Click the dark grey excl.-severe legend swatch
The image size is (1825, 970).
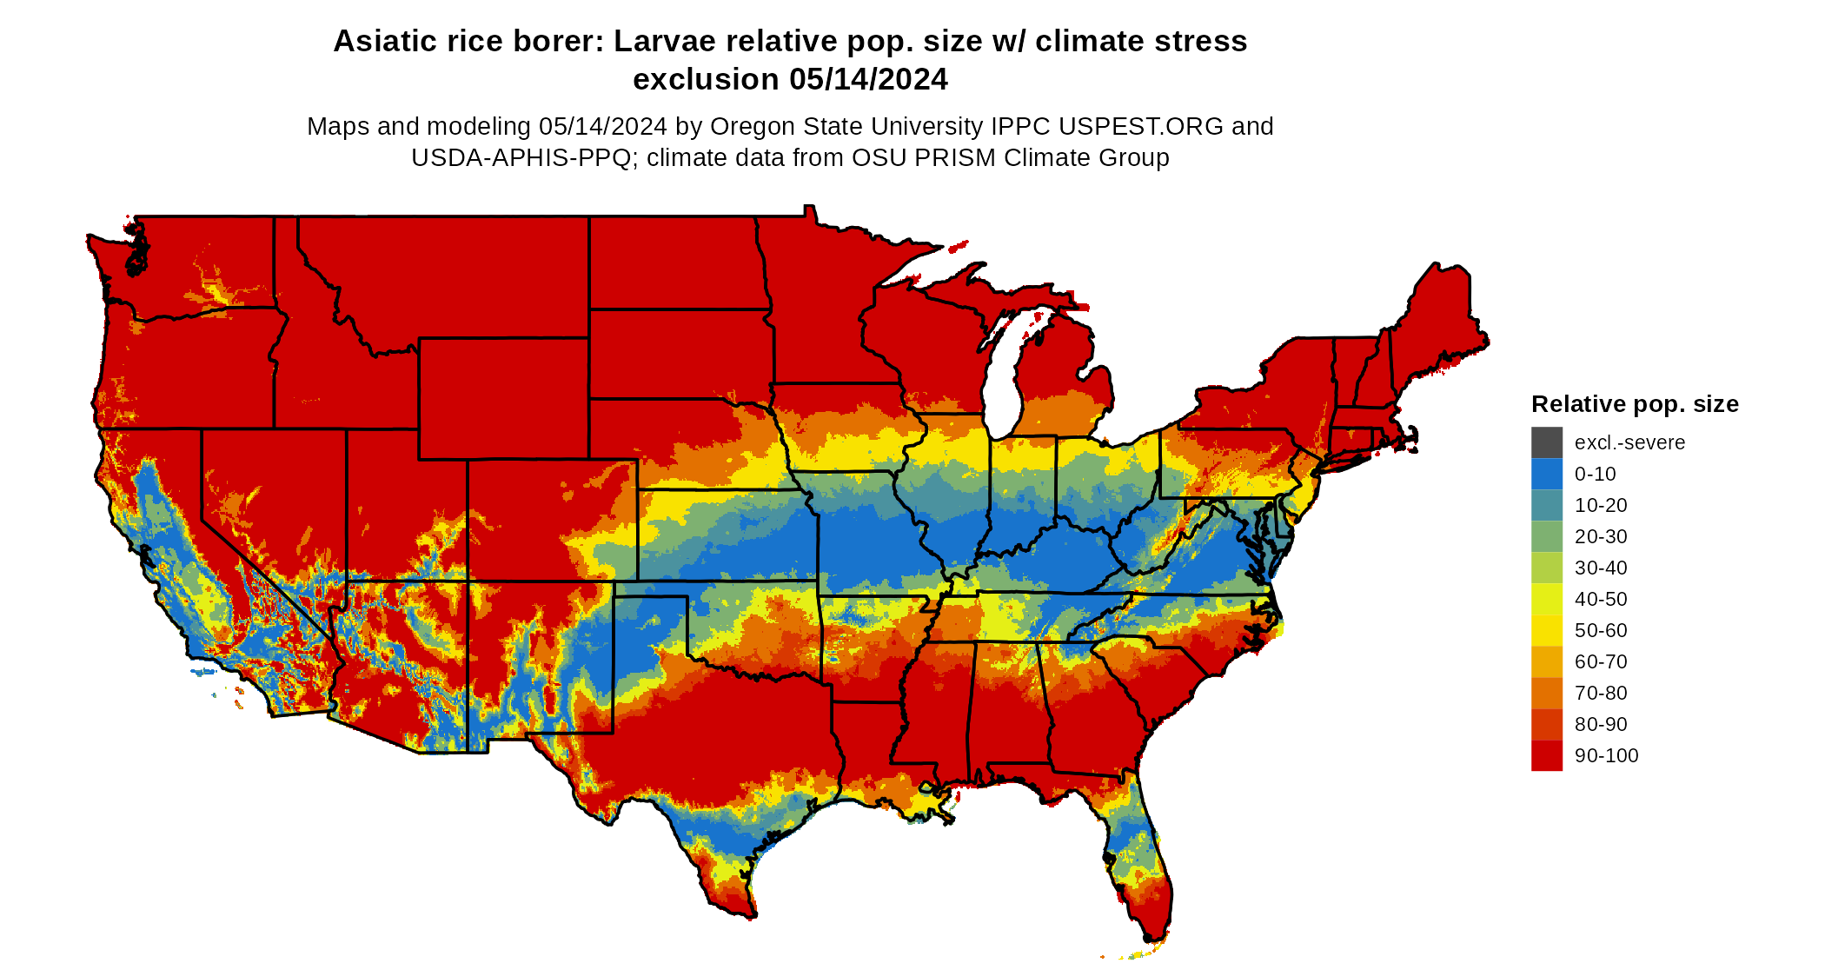1546,442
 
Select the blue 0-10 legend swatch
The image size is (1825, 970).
1546,474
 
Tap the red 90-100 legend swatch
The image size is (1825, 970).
1546,755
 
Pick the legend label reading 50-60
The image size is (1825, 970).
1601,630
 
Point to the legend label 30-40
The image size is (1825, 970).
1601,568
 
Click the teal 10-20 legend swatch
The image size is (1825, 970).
1546,505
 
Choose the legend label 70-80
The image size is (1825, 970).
1601,693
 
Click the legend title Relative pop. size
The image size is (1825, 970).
1634,404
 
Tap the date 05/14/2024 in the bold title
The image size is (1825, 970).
868,79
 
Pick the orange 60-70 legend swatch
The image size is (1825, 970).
1546,661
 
